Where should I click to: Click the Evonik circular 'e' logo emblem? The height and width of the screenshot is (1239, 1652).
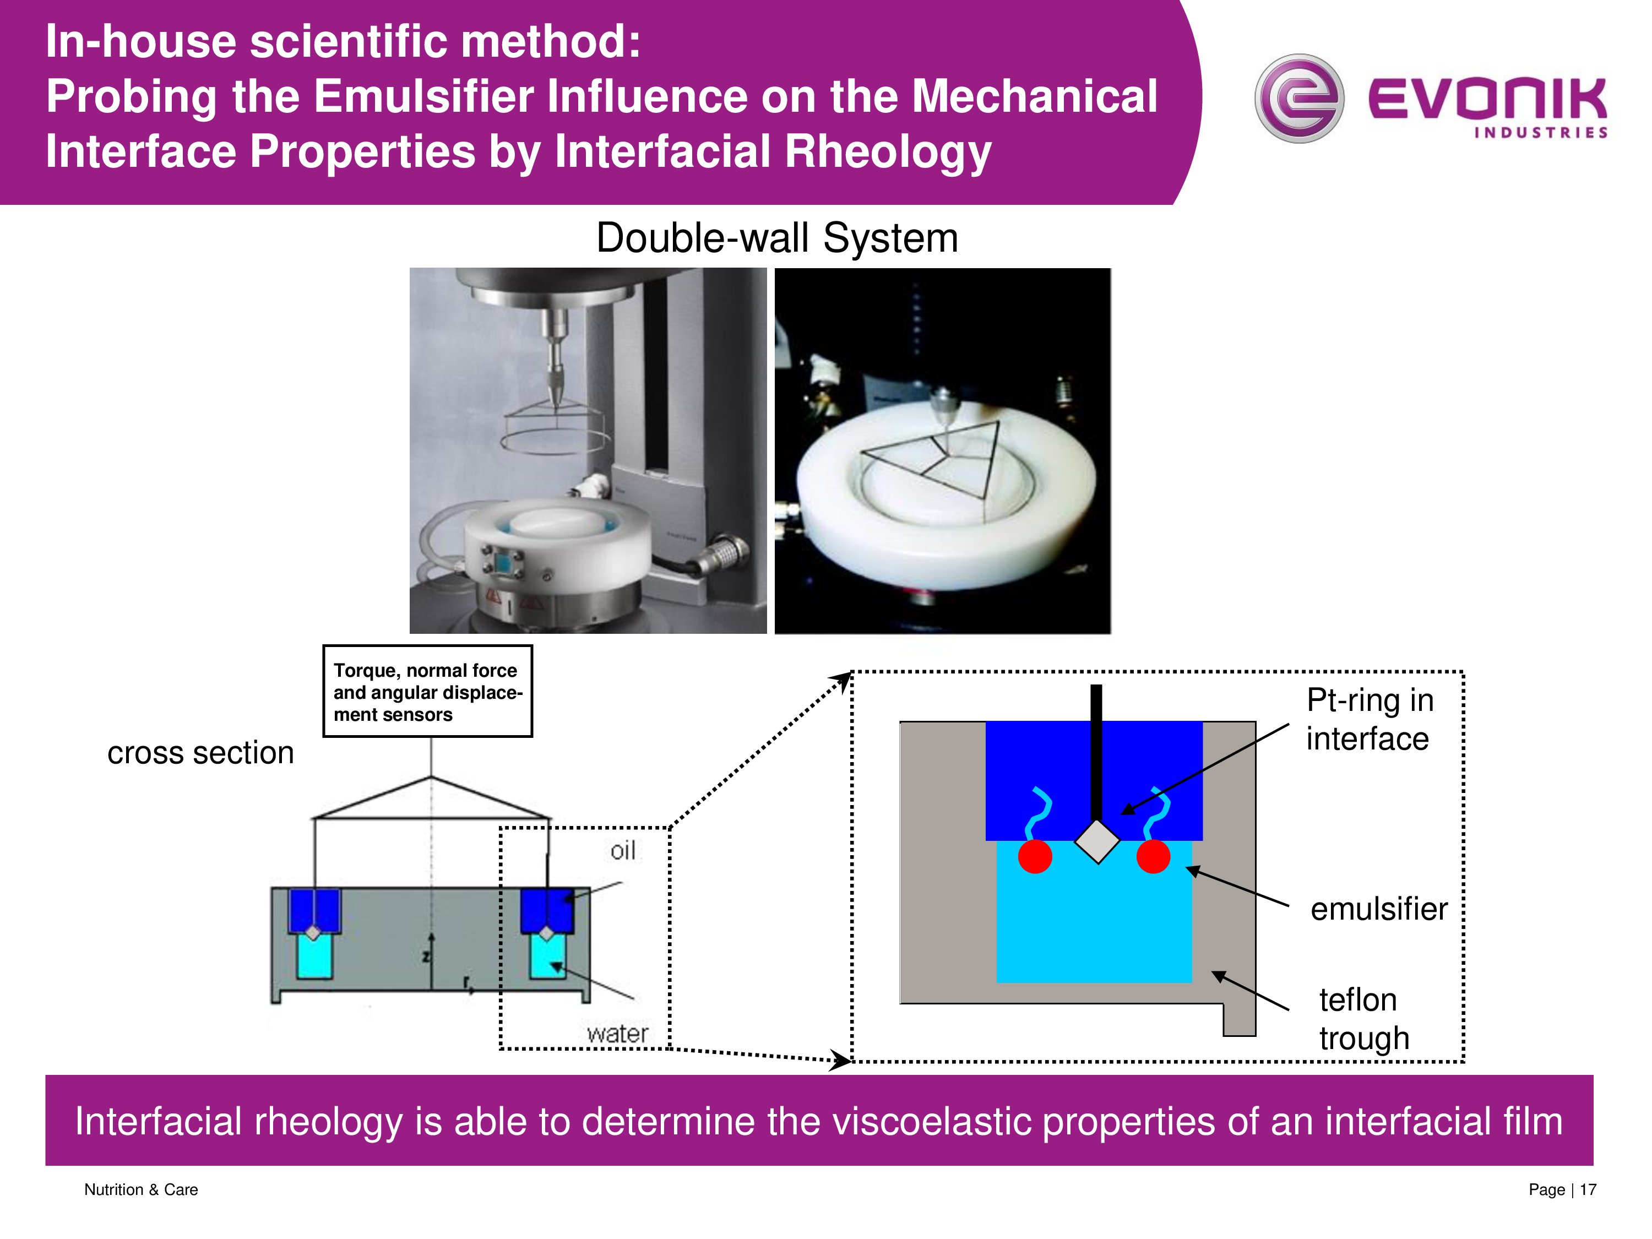click(1298, 99)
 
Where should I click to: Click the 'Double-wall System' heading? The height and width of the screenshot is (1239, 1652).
click(776, 238)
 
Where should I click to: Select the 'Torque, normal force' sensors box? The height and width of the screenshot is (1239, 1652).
click(427, 692)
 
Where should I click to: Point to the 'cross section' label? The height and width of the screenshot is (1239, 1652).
click(200, 753)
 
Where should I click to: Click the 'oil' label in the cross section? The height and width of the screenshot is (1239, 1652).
click(623, 851)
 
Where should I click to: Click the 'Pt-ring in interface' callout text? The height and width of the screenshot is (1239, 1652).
click(1370, 719)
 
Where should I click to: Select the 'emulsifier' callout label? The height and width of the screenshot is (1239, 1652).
click(1379, 909)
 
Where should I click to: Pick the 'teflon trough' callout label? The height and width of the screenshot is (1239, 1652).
click(1363, 1019)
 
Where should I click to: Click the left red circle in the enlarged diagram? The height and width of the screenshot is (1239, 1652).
click(1035, 857)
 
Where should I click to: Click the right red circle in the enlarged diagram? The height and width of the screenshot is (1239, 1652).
click(1153, 857)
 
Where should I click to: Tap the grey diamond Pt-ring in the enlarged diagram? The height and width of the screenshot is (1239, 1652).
click(1097, 841)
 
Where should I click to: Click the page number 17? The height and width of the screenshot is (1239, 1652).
click(1587, 1189)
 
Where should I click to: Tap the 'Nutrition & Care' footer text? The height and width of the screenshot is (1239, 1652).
click(141, 1189)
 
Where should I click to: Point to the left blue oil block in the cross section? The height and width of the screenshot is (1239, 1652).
click(314, 909)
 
